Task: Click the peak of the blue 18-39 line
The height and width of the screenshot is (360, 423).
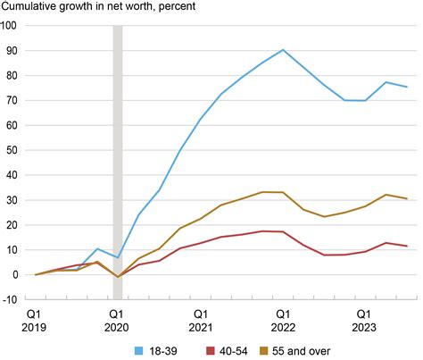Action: (283, 50)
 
